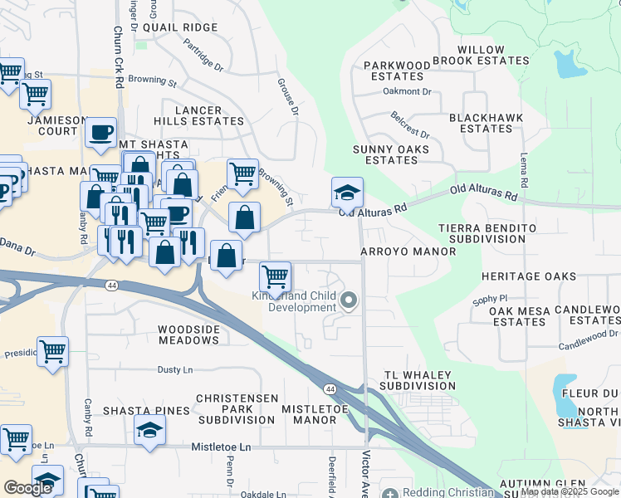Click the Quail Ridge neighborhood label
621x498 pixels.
[x=180, y=27]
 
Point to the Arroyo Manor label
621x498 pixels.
[x=408, y=251]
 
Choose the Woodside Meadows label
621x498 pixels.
[x=188, y=335]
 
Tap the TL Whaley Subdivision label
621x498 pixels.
[x=418, y=380]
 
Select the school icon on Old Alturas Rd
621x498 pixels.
[x=347, y=192]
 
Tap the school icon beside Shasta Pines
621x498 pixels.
[x=149, y=430]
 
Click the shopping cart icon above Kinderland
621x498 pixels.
[x=275, y=275]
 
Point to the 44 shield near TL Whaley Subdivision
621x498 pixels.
[x=330, y=388]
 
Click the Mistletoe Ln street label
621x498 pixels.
[x=221, y=447]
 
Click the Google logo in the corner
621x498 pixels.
[x=28, y=488]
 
